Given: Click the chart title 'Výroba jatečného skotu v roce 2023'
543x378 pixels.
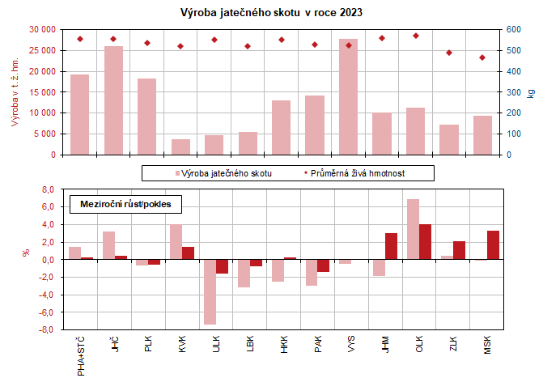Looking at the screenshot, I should pyautogui.click(x=271, y=13).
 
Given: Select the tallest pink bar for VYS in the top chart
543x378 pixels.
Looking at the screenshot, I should pyautogui.click(x=349, y=96).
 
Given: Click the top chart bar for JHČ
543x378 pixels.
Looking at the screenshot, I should pyautogui.click(x=113, y=100).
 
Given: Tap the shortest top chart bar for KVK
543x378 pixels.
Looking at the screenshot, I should pyautogui.click(x=180, y=147).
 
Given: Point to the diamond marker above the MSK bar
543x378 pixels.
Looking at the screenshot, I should pyautogui.click(x=482, y=57).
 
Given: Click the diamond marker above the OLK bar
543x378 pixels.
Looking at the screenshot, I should pyautogui.click(x=416, y=36).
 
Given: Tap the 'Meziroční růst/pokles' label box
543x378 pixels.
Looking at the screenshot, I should pyautogui.click(x=125, y=204).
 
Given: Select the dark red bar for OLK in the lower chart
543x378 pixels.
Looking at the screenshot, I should pyautogui.click(x=425, y=242).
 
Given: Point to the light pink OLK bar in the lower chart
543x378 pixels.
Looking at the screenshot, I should pyautogui.click(x=413, y=229).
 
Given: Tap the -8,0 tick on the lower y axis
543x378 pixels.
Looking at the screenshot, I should pyautogui.click(x=47, y=330).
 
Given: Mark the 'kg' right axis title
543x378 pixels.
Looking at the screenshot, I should pyautogui.click(x=531, y=92).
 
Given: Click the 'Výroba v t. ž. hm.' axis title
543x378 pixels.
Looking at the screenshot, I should pyautogui.click(x=14, y=92).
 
